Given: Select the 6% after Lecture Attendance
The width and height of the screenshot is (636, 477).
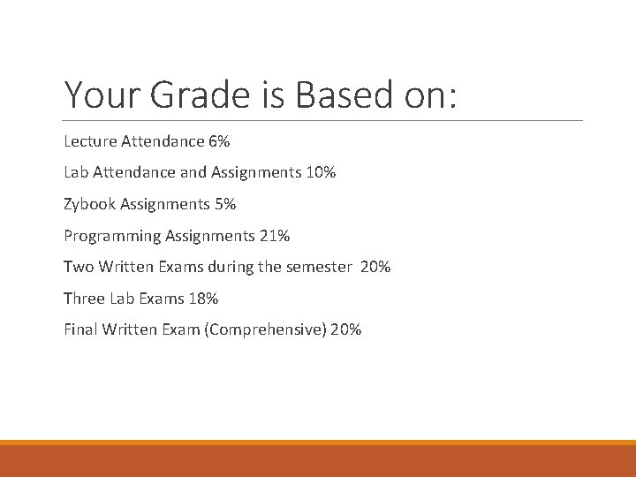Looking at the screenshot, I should coord(219,140).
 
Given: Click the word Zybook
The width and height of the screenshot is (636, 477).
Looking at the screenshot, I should coord(87,204).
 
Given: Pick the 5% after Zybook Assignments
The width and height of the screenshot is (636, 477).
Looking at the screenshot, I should coord(224,204).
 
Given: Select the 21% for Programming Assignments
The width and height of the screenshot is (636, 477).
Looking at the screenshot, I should coord(275,236).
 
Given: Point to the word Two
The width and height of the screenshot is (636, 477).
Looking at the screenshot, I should coord(78,267).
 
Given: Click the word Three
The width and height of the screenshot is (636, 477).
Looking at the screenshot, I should coord(83,299).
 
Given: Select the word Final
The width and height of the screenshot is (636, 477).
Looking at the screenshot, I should coord(80,330).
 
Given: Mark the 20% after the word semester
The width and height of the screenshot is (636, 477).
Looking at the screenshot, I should coord(375,267).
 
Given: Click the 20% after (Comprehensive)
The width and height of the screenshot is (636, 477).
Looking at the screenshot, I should coord(346,330).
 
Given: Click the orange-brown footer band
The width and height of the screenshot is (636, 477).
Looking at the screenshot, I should coord(318,460).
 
